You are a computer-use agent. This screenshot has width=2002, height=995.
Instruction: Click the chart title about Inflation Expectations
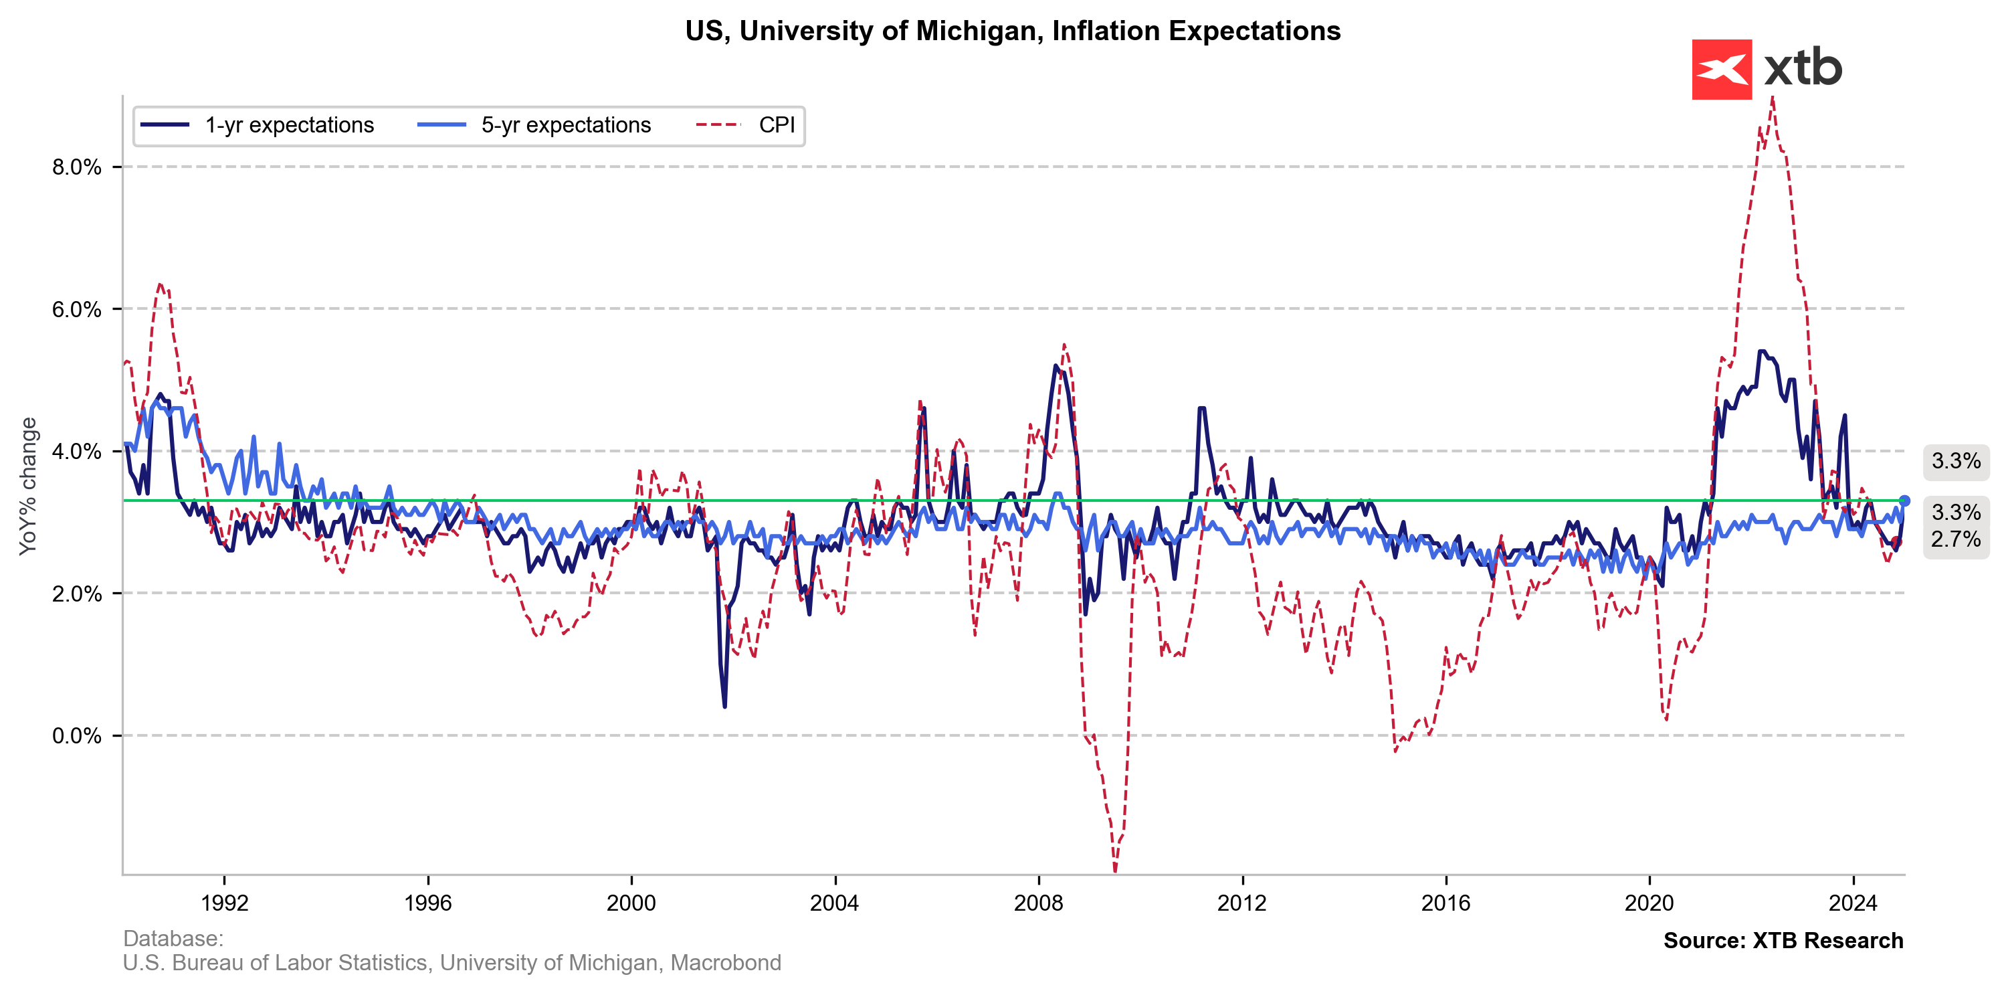point(1012,31)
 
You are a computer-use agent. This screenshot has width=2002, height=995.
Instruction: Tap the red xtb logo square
point(1722,69)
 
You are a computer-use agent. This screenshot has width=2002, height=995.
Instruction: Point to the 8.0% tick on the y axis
point(77,167)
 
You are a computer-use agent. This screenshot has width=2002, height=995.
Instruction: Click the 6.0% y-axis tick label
point(77,309)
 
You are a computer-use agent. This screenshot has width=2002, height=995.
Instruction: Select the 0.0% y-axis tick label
point(77,735)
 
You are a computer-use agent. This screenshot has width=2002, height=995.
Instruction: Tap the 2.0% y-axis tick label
point(77,594)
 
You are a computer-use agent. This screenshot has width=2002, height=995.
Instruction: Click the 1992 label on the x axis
point(225,903)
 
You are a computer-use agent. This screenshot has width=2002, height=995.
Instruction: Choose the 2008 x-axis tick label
point(1038,903)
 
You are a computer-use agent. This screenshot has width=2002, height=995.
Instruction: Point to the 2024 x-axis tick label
point(1853,903)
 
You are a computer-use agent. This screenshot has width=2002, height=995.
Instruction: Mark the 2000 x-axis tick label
point(631,903)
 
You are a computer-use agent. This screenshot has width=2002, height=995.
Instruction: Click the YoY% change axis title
point(29,486)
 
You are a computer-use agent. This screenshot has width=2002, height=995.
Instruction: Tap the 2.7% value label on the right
point(1955,539)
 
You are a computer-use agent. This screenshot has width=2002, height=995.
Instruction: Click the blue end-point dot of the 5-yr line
point(1904,501)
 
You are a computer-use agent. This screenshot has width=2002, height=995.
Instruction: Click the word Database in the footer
point(173,938)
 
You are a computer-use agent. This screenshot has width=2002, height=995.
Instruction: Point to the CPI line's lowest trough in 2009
point(1115,871)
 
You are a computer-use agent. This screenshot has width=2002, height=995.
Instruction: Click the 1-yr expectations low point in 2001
point(725,706)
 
